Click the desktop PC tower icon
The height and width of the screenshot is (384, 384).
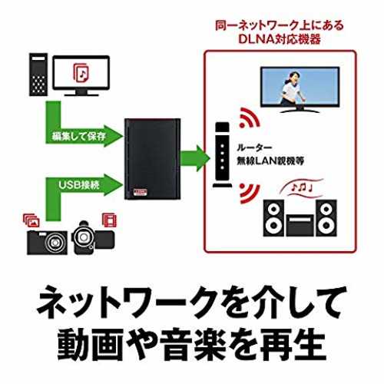click(38, 74)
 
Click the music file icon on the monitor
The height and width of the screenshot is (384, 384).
click(81, 73)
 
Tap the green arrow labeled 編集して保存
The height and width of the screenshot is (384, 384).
click(77, 128)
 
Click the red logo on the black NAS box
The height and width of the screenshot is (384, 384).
click(140, 192)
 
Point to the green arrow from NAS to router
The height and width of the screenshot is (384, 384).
click(195, 158)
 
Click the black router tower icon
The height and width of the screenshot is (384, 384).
click(222, 155)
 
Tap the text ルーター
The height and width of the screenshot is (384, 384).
click(254, 147)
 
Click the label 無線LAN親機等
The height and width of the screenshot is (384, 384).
click(270, 161)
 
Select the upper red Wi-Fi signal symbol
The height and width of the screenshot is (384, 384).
click(249, 118)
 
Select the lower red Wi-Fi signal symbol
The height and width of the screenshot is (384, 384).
click(249, 194)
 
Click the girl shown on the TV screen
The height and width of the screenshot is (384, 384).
click(293, 88)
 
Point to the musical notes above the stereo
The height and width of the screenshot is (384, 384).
click(302, 187)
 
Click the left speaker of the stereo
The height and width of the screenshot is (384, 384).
click(273, 218)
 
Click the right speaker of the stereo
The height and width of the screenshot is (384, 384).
click(326, 218)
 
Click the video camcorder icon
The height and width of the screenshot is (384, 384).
click(93, 238)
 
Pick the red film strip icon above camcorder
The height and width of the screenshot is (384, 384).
click(109, 220)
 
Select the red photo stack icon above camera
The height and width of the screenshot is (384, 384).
click(31, 220)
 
